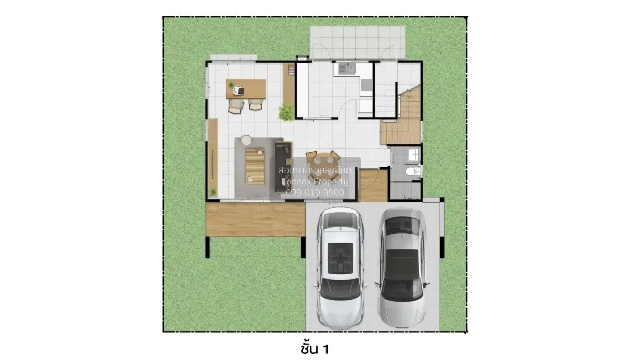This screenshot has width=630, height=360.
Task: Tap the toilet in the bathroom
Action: coord(413,172)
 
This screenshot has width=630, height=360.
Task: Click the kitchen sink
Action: coord(346,69)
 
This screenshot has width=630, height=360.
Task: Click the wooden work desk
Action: coord(246,88)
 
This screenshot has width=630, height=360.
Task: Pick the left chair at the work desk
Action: coord(236,106)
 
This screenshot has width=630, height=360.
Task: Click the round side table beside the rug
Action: coord(245,140)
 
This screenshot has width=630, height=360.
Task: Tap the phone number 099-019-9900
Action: coord(315,193)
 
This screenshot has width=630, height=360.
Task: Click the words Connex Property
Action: coord(314,182)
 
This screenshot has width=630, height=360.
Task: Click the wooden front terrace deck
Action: coord(256,219)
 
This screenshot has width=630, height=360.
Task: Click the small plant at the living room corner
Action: coord(213,192)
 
